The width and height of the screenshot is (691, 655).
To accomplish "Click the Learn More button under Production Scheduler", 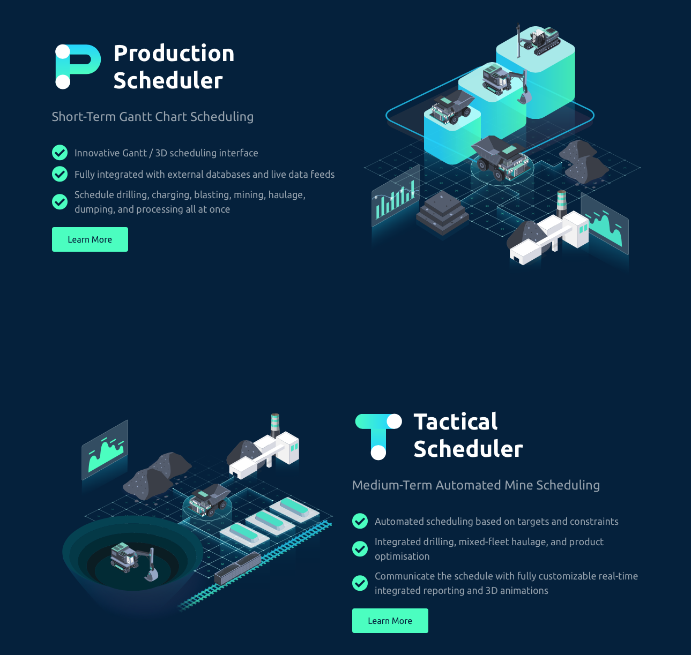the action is pos(90,239).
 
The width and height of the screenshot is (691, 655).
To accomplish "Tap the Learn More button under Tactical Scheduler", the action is pos(390,621).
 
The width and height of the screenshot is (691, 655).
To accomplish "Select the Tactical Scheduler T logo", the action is pos(378,436).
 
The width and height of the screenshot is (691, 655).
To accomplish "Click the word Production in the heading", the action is pos(174,54).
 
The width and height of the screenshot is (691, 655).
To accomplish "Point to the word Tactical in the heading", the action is pos(456,421).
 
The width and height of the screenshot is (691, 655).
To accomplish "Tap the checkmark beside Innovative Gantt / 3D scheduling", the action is pos(60,153).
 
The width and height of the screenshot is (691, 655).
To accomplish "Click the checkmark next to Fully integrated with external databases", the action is pos(60,174).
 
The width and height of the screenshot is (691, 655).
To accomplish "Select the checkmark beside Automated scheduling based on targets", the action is pos(360,521).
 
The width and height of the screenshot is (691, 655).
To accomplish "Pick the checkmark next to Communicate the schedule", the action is pos(360,583).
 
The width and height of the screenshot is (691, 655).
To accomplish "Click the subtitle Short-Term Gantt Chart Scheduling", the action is pos(153,117).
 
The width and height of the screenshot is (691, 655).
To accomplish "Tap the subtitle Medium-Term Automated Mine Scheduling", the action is pos(476,485).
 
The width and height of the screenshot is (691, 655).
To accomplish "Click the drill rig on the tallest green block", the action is pos(537,41).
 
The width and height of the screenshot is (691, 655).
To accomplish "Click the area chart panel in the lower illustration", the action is pos(105,450).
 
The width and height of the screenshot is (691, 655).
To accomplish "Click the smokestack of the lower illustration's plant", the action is pos(275,425).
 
